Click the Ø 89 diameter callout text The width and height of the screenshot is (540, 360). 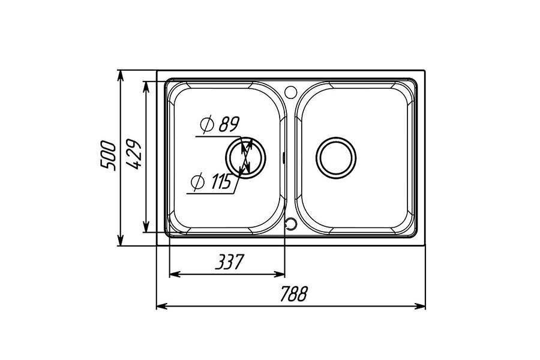click(x=220, y=125)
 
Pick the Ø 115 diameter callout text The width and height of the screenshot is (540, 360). click(x=211, y=181)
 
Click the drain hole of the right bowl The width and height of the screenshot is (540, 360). click(x=336, y=158)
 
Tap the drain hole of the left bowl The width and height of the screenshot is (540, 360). click(x=246, y=157)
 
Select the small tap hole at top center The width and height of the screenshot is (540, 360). click(x=290, y=91)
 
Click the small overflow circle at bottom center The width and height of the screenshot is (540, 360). click(x=290, y=223)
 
